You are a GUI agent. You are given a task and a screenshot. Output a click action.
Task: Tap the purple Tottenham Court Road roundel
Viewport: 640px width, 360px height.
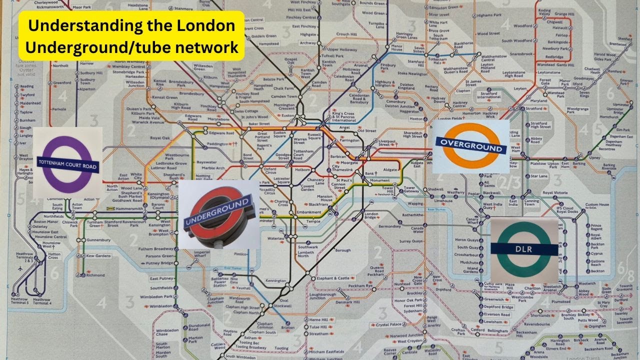(68, 163)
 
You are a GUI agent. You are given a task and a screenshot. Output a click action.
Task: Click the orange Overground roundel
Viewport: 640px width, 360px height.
(470, 146)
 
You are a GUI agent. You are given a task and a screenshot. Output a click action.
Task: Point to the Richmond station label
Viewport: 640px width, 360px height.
(95, 275)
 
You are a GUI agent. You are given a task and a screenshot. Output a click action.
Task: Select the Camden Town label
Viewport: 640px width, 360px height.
(284, 96)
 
